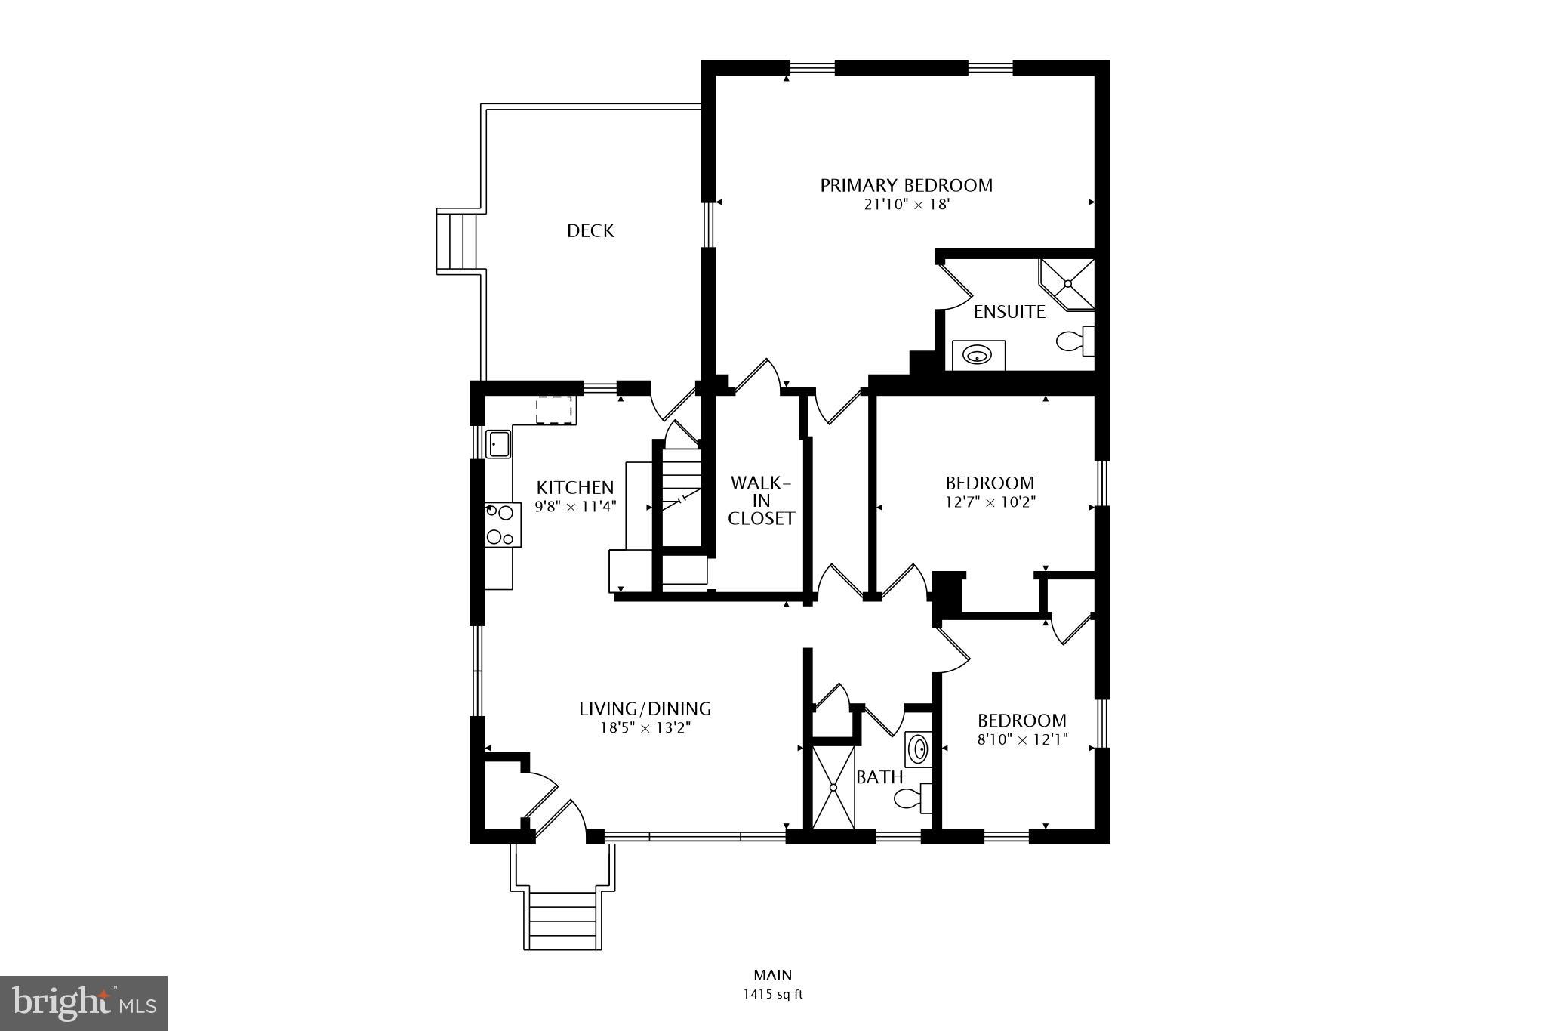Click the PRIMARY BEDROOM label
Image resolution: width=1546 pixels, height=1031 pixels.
tap(906, 185)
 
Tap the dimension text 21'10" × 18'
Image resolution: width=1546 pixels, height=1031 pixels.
tap(906, 205)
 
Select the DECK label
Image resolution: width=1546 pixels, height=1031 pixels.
tap(590, 231)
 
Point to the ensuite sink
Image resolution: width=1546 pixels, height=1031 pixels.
tap(978, 355)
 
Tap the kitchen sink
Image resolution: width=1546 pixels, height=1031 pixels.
tap(498, 443)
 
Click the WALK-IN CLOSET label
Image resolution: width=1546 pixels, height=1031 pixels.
tap(761, 500)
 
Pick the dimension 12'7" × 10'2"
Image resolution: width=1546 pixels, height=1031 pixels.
tap(990, 502)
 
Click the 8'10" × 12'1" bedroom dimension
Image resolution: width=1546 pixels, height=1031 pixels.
tap(1022, 740)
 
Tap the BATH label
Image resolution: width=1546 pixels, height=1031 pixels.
tap(879, 777)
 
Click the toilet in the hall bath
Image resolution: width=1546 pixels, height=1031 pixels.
tap(912, 798)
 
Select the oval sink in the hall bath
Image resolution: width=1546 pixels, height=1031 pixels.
tap(918, 749)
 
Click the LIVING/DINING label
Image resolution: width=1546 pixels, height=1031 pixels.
tap(645, 708)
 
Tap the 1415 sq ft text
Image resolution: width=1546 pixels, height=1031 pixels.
tap(772, 995)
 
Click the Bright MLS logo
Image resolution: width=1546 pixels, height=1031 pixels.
tap(84, 1003)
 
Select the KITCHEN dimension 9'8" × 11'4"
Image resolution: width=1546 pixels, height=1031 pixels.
tap(576, 507)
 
